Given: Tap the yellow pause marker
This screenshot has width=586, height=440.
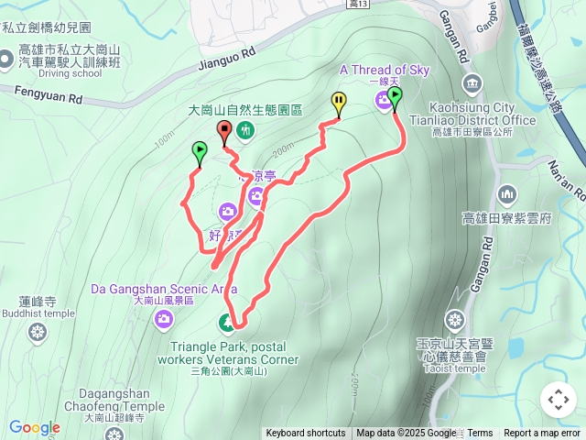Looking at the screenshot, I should (339, 104).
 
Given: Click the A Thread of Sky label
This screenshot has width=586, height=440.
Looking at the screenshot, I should (385, 69).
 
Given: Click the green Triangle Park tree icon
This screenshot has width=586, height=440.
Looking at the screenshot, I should (227, 322).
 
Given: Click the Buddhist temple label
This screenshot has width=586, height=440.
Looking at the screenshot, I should (38, 313).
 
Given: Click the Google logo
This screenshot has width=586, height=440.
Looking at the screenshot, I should (34, 427).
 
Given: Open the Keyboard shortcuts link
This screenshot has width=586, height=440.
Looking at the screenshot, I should (306, 434).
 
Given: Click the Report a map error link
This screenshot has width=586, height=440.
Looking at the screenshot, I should (542, 434).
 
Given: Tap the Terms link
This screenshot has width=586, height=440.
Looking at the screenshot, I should (480, 434).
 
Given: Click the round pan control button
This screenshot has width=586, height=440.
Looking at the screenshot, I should (559, 400).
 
